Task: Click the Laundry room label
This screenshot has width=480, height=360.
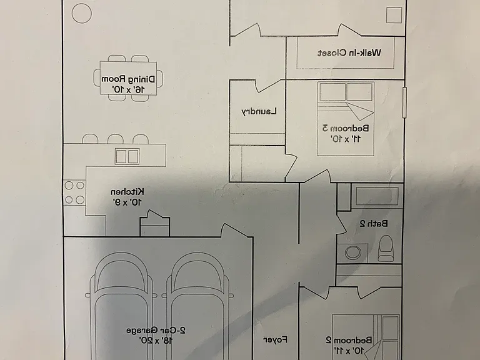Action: coord(259,111)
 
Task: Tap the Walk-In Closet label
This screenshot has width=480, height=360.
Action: coord(349,53)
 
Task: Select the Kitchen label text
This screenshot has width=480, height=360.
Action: coord(127,192)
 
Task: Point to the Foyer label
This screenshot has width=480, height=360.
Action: coord(276,339)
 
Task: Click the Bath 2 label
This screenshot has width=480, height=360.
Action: coord(374,224)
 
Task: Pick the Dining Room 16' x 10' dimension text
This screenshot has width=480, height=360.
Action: coord(128,89)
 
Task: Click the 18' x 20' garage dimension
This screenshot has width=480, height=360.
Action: coord(156,340)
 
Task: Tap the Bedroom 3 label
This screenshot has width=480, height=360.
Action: coord(346,127)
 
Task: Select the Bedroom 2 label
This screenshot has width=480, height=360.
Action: coord(349,340)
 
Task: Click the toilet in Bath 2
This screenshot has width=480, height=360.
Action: coord(386,247)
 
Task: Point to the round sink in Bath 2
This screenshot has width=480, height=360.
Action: coord(352,252)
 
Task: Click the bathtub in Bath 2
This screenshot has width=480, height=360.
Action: coord(377,196)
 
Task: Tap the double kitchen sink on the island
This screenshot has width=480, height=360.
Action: coord(127,156)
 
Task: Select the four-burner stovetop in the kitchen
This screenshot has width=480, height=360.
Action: coord(74,192)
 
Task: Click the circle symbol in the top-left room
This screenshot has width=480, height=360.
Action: coord(81,13)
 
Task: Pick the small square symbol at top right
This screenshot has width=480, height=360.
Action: coord(394,15)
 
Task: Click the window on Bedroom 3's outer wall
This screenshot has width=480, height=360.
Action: coord(404,102)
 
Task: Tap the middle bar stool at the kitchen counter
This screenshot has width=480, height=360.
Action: coord(116,139)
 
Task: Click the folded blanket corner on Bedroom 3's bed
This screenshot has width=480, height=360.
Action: coord(360,111)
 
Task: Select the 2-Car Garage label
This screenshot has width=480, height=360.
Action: coord(156,330)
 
